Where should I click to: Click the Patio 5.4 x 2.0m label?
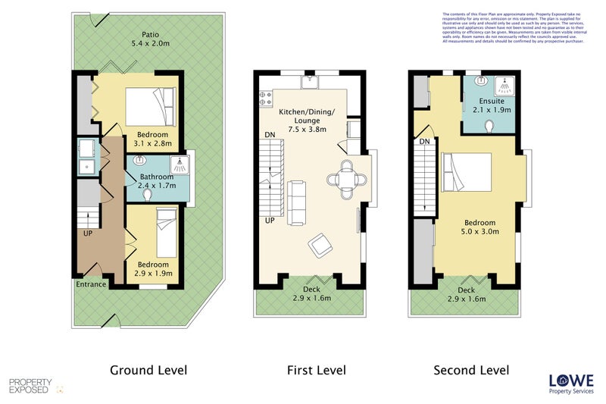tap(149, 39)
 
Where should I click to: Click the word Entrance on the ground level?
tap(90, 284)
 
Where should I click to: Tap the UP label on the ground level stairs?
tap(89, 233)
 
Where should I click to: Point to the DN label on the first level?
tap(270, 135)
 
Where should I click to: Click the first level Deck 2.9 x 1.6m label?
tap(312, 294)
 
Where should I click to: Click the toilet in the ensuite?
tap(490, 125)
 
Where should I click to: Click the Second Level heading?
tap(470, 371)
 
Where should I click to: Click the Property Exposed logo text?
tap(30, 386)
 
